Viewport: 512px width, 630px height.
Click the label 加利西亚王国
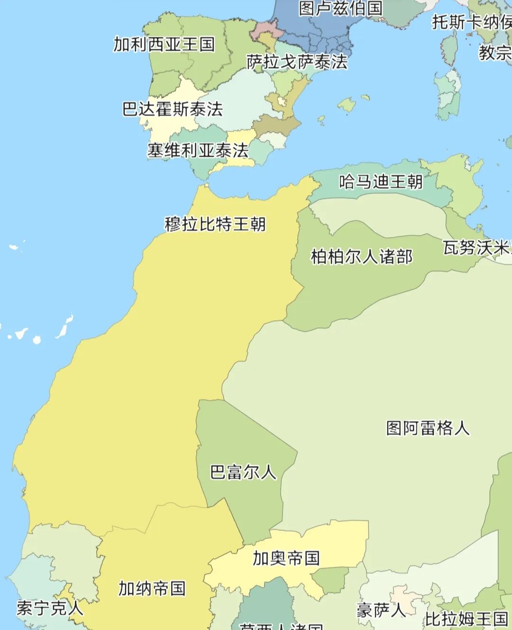click(164, 45)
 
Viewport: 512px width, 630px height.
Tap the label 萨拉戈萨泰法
click(297, 62)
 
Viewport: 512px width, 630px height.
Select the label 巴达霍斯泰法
click(173, 109)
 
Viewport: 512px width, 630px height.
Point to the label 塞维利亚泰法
click(198, 151)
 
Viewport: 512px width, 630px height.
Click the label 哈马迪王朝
click(381, 181)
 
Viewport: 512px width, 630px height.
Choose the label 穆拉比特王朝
click(215, 224)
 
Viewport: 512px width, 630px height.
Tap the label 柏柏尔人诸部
click(361, 256)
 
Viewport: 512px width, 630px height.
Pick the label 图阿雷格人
click(428, 428)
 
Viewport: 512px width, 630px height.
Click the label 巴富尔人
click(243, 472)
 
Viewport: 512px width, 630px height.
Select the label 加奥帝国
click(286, 558)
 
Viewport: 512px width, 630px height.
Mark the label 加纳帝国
click(152, 588)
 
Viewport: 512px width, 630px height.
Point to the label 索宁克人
click(50, 608)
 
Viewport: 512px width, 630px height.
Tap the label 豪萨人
click(381, 610)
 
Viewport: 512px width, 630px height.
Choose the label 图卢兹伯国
click(340, 8)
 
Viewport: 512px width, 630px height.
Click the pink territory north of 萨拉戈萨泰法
click(262, 30)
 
